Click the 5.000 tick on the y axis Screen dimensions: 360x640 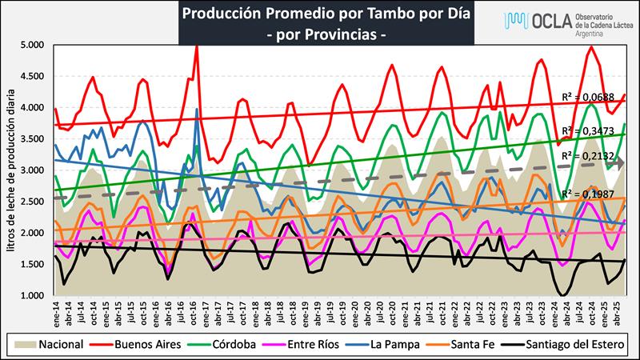[34, 45]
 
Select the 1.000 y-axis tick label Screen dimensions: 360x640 [34, 296]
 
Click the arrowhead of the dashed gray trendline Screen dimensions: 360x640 [619, 163]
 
